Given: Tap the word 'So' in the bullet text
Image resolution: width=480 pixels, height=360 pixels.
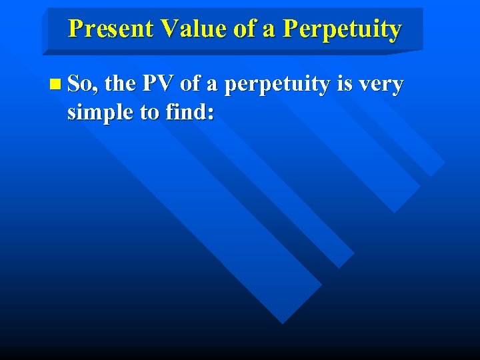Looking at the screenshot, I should pyautogui.click(x=81, y=84).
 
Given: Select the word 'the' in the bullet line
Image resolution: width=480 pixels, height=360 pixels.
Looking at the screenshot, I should pyautogui.click(x=120, y=84).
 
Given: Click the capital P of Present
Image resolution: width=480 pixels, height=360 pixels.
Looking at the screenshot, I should pyautogui.click(x=75, y=29).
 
